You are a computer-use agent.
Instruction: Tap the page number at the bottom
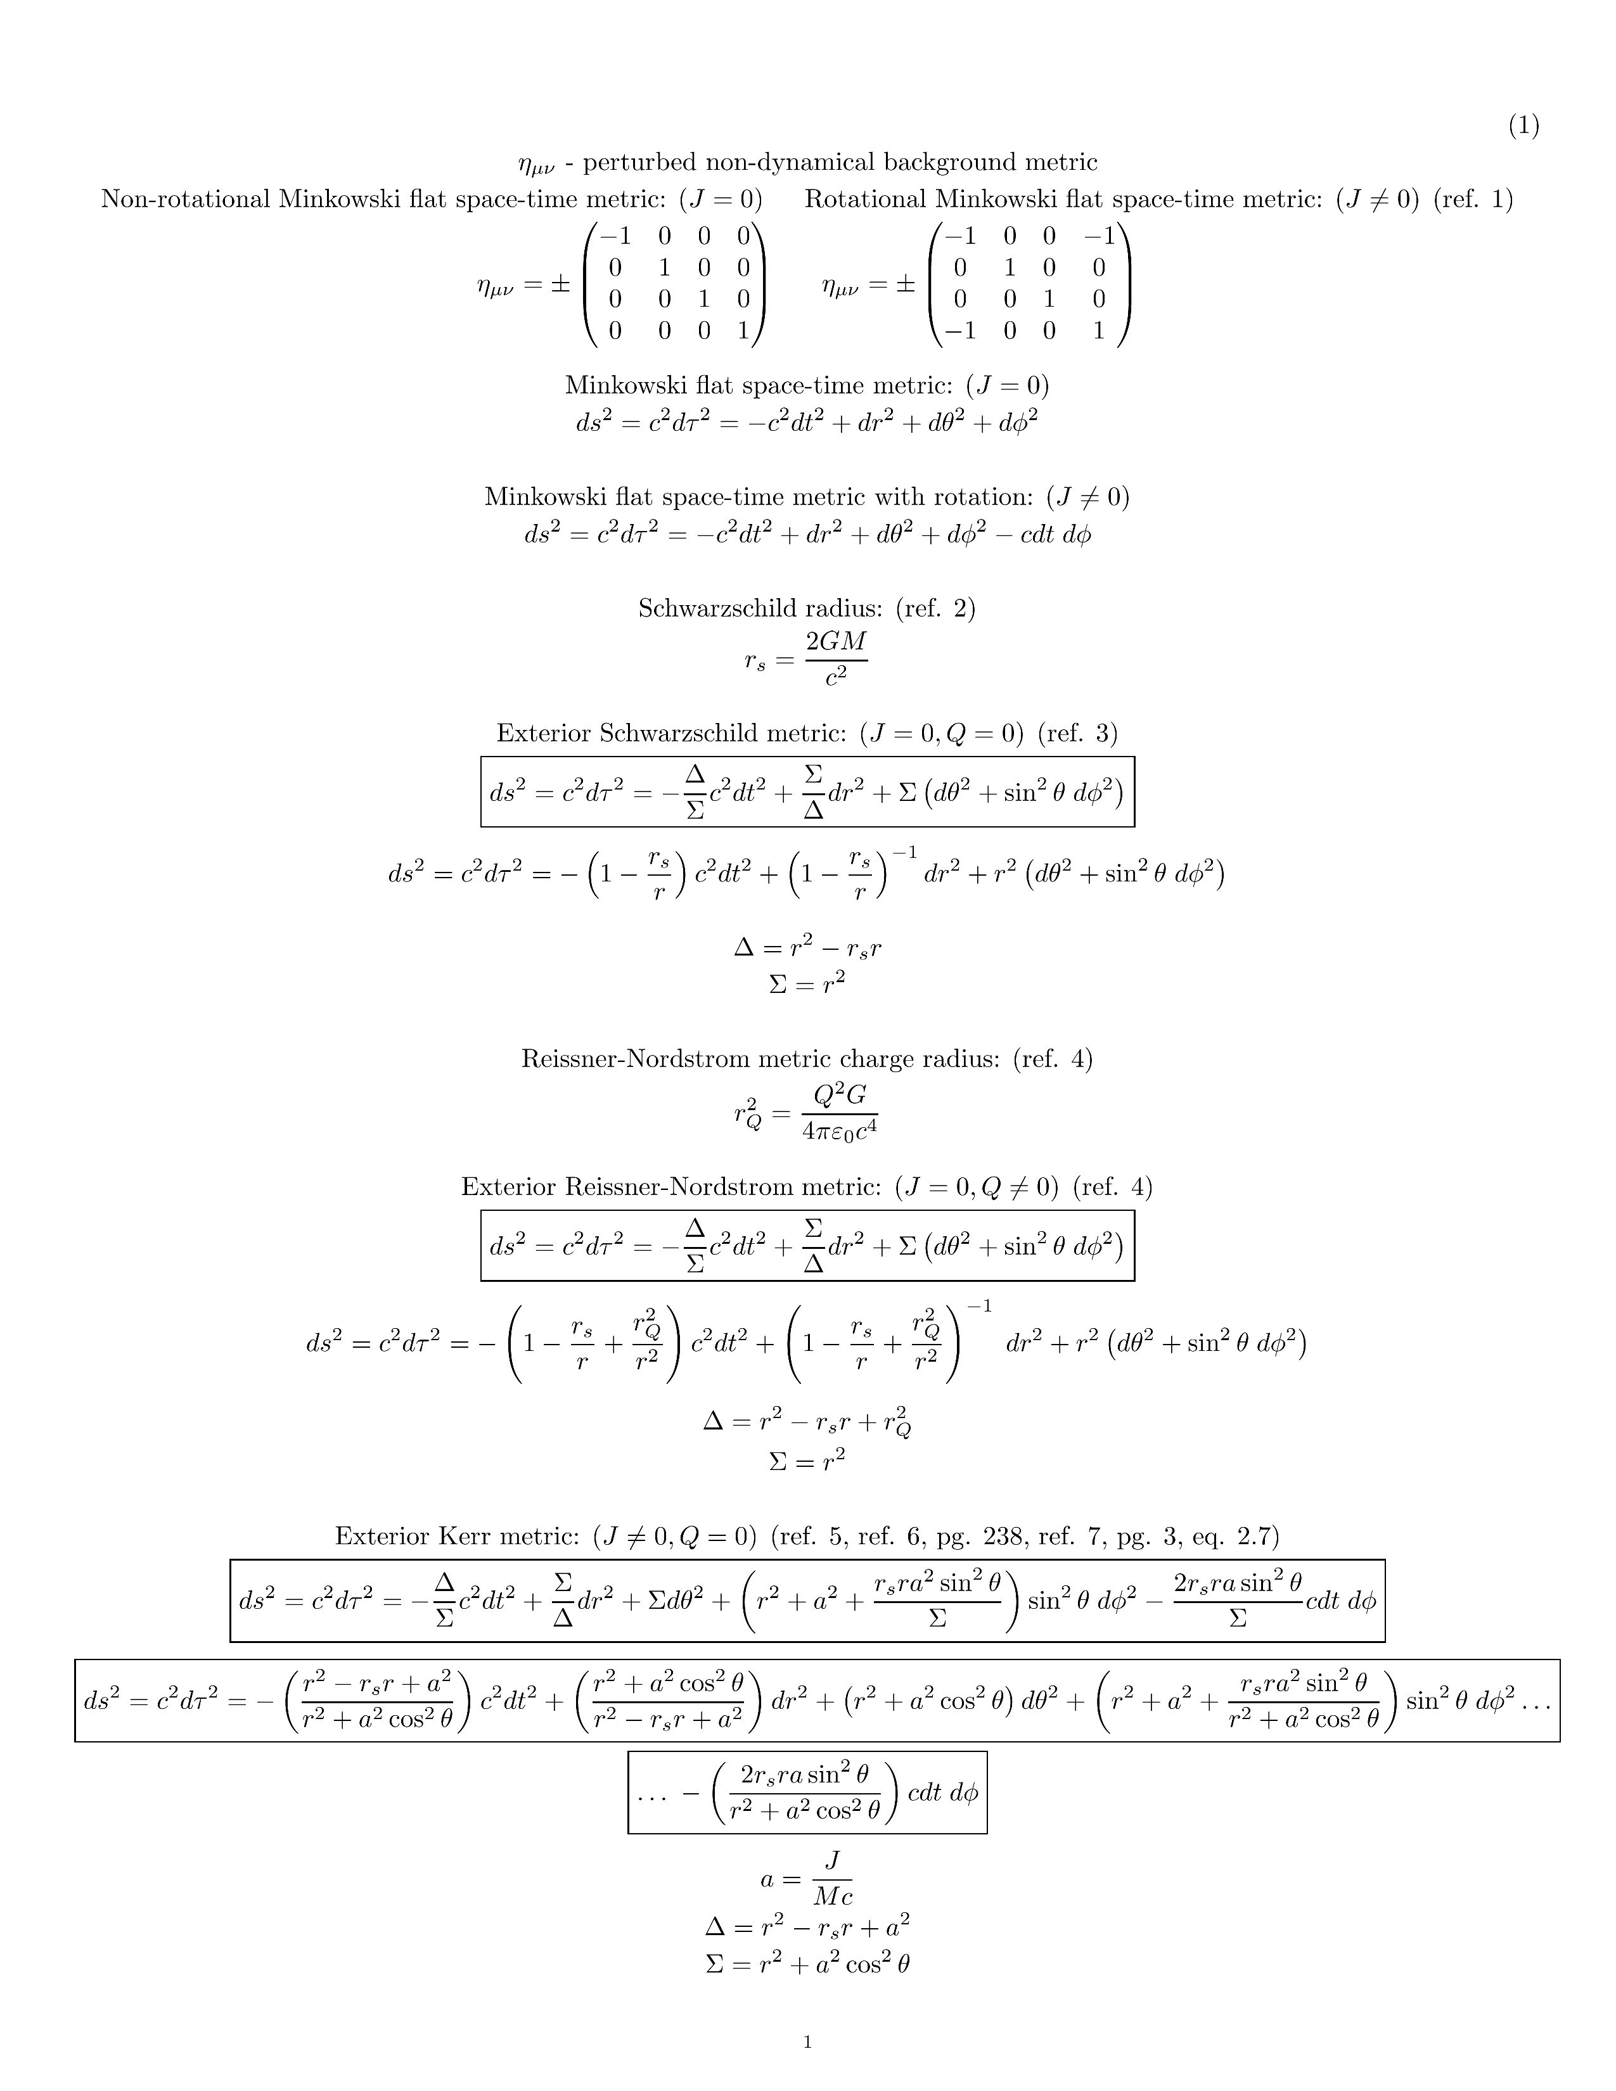(807, 2042)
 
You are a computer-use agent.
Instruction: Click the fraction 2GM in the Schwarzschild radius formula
(836, 641)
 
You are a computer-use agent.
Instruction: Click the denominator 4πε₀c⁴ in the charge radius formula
(840, 1130)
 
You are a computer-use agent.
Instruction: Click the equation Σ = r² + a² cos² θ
(807, 1965)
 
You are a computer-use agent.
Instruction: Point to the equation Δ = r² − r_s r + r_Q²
(807, 1424)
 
